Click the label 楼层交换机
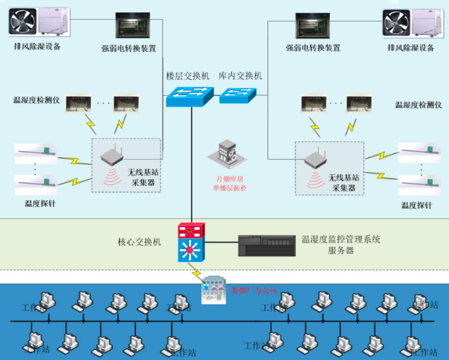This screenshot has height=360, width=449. point(187,76)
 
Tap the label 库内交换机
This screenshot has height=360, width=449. point(240,76)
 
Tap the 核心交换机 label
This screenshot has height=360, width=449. point(139,242)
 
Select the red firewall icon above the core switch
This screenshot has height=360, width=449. point(190,232)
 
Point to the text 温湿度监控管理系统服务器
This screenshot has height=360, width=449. point(341,244)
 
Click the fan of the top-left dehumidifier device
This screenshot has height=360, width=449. point(24,22)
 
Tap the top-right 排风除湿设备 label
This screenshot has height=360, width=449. point(411,47)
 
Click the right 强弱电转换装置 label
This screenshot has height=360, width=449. point(313,48)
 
